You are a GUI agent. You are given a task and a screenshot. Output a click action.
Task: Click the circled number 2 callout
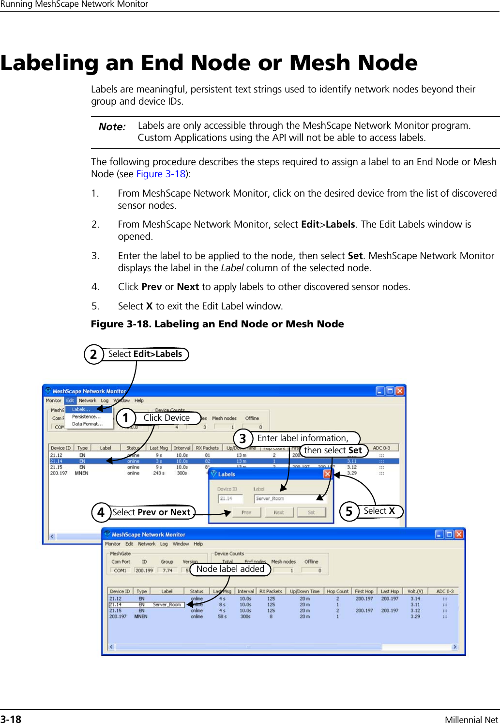point(93,354)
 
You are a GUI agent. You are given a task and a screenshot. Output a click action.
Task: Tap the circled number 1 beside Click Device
point(126,417)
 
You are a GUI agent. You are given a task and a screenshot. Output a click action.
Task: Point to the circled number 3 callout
point(242,439)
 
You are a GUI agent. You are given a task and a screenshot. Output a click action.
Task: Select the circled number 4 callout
point(101,512)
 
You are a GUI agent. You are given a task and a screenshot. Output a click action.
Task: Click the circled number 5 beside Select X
point(348,511)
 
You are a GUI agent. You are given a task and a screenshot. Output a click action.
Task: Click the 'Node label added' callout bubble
point(230,569)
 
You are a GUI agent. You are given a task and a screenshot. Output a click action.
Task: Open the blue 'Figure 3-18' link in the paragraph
point(161,174)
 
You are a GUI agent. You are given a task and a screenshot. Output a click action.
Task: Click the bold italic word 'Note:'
point(112,127)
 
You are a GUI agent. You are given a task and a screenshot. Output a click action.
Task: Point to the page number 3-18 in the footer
point(11,719)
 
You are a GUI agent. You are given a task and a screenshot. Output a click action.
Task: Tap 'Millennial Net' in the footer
point(471,720)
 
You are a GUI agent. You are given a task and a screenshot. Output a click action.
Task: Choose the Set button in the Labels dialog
point(311,512)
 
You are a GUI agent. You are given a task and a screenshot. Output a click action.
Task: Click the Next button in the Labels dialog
point(279,512)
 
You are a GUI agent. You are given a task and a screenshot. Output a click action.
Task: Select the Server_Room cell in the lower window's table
point(167,604)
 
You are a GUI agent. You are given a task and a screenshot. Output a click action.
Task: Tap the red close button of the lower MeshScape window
point(459,534)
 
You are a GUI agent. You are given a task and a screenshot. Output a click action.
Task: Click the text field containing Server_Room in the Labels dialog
point(290,498)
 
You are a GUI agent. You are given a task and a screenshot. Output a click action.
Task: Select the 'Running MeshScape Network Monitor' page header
point(74,4)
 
